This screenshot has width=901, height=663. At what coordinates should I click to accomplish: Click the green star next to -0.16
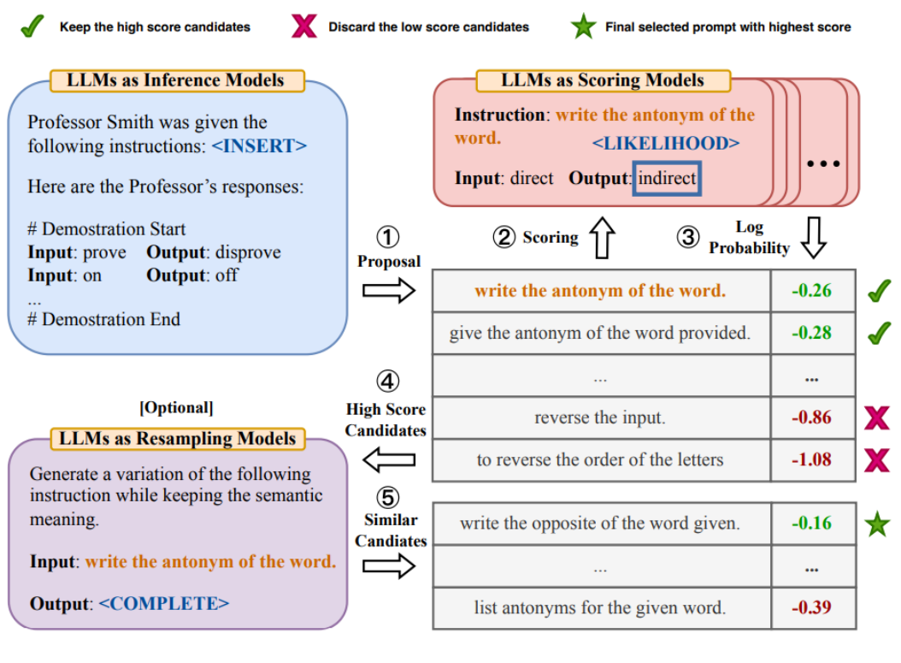(876, 524)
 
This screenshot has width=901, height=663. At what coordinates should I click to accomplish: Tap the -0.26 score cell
(811, 291)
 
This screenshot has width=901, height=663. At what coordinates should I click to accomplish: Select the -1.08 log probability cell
(811, 459)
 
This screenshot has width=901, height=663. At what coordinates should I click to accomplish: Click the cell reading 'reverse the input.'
(600, 418)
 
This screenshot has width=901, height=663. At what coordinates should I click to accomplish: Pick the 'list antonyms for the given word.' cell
(600, 608)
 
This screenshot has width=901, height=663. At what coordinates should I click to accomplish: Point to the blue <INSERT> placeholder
(259, 146)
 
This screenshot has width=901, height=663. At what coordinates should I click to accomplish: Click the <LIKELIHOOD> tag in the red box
(665, 143)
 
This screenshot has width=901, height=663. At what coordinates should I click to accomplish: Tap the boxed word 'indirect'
(667, 180)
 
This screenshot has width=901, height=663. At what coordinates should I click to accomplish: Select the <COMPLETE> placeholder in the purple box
(164, 603)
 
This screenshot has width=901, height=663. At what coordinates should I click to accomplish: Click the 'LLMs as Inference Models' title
(175, 81)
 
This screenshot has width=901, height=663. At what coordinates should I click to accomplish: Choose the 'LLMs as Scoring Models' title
(603, 80)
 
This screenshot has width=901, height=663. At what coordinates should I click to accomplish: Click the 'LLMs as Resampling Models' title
(177, 439)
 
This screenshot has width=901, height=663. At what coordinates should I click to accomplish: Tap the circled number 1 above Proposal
(388, 238)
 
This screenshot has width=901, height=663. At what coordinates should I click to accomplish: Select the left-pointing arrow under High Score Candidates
(389, 461)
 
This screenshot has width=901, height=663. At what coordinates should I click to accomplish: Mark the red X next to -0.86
(876, 418)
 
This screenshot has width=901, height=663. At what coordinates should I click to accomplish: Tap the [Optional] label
(176, 407)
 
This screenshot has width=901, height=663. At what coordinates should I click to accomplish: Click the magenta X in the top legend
(303, 27)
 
